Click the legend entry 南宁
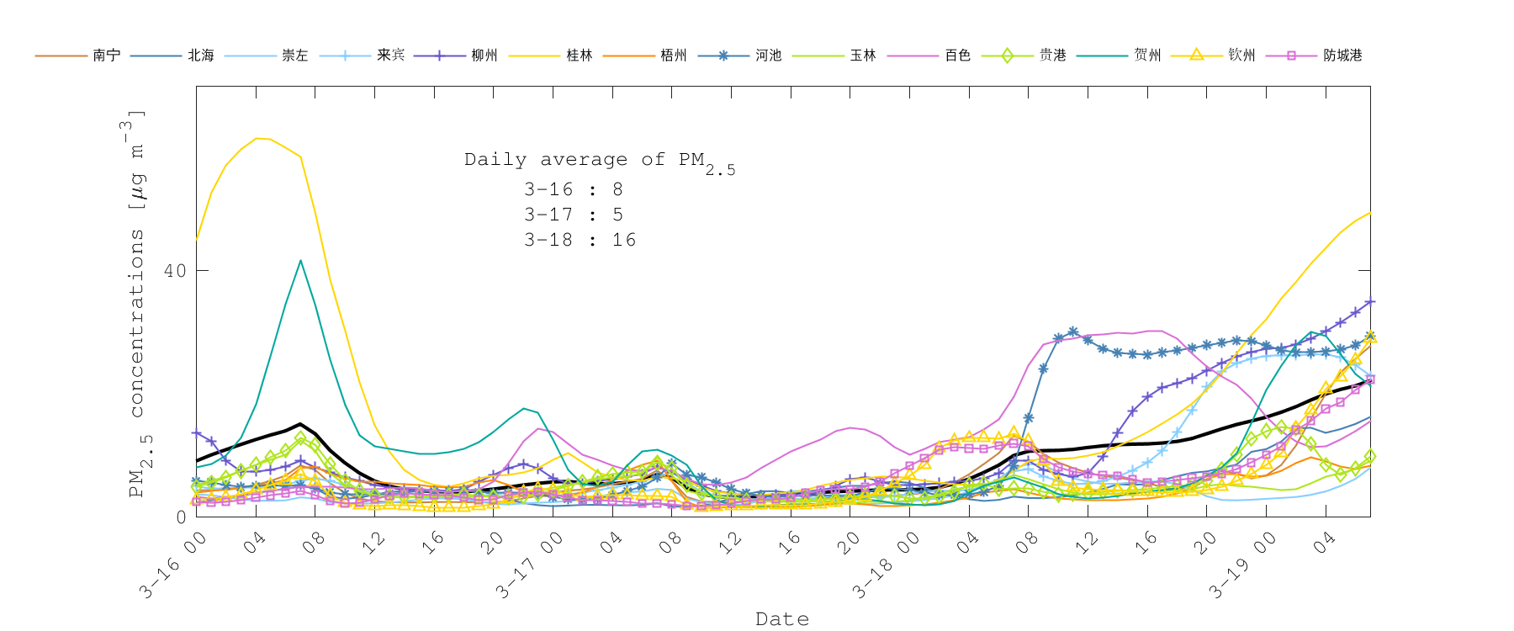(106, 56)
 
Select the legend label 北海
(201, 56)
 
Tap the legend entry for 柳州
(484, 56)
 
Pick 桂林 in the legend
(580, 56)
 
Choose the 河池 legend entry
(769, 56)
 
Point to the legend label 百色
(958, 56)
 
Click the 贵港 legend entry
(1053, 56)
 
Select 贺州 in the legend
(1147, 56)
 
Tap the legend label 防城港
(1342, 56)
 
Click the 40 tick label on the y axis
(175, 271)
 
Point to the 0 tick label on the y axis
(181, 517)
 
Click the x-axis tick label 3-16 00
(173, 565)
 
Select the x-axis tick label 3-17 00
(529, 565)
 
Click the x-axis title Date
(782, 619)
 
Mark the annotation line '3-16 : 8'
(573, 189)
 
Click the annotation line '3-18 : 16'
(580, 240)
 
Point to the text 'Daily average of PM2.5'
(599, 161)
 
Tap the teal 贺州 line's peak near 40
(300, 261)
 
